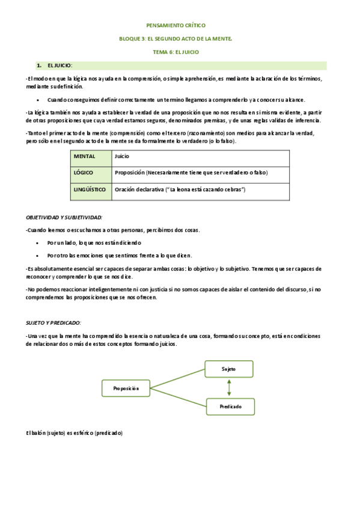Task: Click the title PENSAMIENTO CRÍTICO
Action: [176, 26]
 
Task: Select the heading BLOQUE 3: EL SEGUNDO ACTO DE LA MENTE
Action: [176, 39]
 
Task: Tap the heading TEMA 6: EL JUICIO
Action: [176, 52]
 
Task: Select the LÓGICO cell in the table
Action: [90, 173]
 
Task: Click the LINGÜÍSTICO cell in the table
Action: [90, 190]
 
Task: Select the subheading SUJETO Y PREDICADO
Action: [53, 323]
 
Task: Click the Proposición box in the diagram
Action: [126, 389]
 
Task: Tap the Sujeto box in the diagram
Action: [228, 368]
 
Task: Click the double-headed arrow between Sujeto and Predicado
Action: [228, 387]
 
